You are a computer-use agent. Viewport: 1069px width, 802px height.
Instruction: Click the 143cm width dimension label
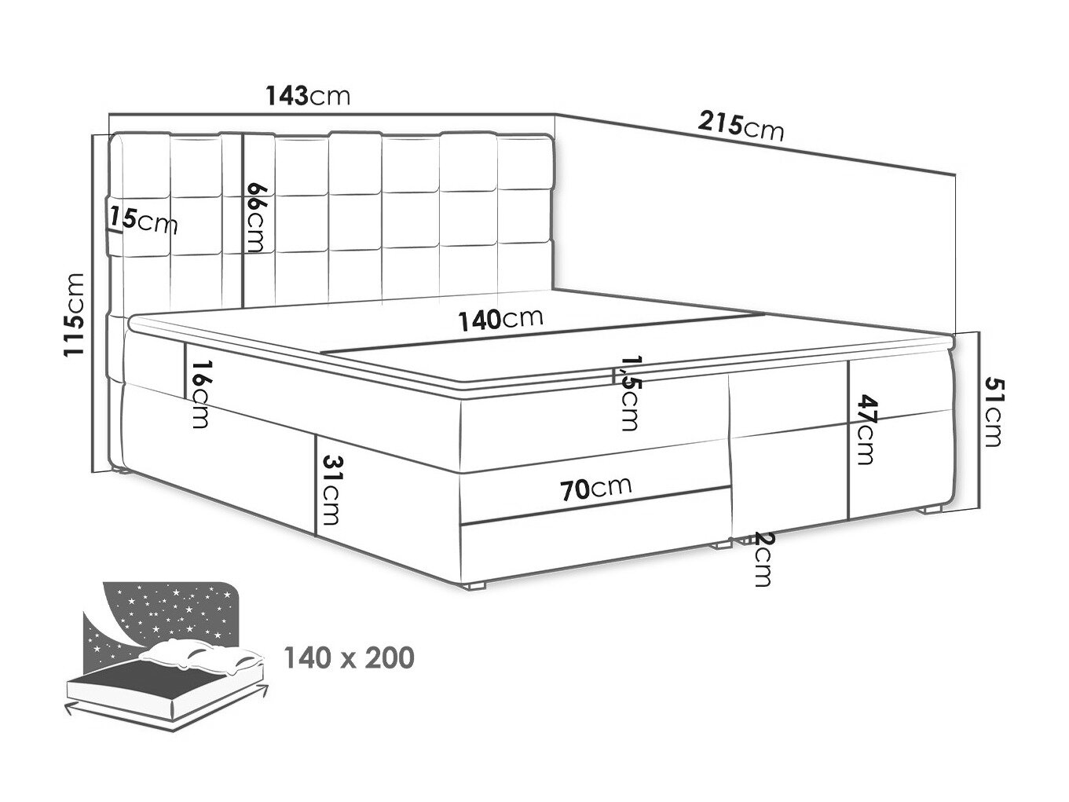pos(308,96)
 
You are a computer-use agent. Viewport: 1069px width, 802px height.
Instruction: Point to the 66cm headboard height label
pos(256,217)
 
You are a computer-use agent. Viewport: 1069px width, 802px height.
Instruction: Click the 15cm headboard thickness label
pos(143,220)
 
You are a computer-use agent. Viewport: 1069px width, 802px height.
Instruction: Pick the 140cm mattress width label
pos(500,320)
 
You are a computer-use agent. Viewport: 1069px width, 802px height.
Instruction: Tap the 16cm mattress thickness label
pos(200,394)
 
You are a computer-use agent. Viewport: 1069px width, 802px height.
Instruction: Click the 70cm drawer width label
pos(596,489)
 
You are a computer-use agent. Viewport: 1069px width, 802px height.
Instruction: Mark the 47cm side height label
pos(866,429)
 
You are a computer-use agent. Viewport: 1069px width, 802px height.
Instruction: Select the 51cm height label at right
pos(993,412)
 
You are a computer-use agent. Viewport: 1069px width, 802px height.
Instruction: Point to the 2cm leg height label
pos(762,558)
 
